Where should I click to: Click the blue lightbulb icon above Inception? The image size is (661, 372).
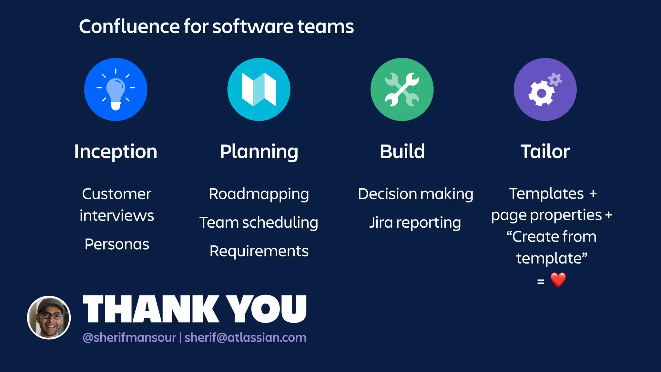tap(116, 89)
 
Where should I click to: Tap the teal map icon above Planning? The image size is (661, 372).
tap(259, 89)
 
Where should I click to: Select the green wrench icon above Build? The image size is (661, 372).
tap(402, 89)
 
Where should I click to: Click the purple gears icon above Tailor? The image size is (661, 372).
tap(545, 89)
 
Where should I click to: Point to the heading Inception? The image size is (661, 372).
tap(116, 151)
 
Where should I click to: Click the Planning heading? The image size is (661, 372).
tap(259, 151)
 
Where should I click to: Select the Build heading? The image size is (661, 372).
tap(402, 151)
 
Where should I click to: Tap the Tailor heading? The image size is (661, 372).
tap(545, 151)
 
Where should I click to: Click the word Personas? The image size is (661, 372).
tap(117, 244)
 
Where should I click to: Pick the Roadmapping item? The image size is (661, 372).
tap(259, 194)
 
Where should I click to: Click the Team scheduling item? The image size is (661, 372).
tap(259, 222)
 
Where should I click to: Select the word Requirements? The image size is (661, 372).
tap(259, 251)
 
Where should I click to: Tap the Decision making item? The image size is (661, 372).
tap(415, 194)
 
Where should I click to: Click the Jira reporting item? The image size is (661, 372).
tap(415, 222)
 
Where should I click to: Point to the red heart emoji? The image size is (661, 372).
tap(558, 280)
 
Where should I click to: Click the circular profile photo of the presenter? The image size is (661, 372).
tap(49, 317)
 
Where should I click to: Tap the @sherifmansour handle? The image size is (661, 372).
tap(129, 337)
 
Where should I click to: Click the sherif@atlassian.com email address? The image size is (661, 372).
tap(245, 337)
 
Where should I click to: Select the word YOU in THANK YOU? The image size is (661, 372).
tap(266, 309)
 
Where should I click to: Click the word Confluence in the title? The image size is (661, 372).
tap(129, 26)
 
